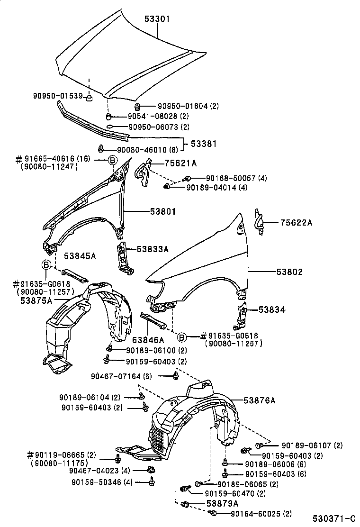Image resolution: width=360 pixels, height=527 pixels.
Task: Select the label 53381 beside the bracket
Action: [204, 143]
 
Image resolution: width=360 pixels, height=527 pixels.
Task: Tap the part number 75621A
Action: [180, 164]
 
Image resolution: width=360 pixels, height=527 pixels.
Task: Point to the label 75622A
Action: [296, 222]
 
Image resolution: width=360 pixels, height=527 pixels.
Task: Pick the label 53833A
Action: [153, 249]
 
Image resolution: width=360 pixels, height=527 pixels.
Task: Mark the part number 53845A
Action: [80, 256]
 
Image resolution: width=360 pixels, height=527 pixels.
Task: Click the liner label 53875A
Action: [36, 300]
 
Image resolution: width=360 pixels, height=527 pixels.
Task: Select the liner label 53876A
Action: [259, 400]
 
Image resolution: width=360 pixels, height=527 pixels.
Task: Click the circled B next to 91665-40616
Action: [113, 160]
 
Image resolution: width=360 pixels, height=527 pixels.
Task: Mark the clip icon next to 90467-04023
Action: [151, 470]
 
